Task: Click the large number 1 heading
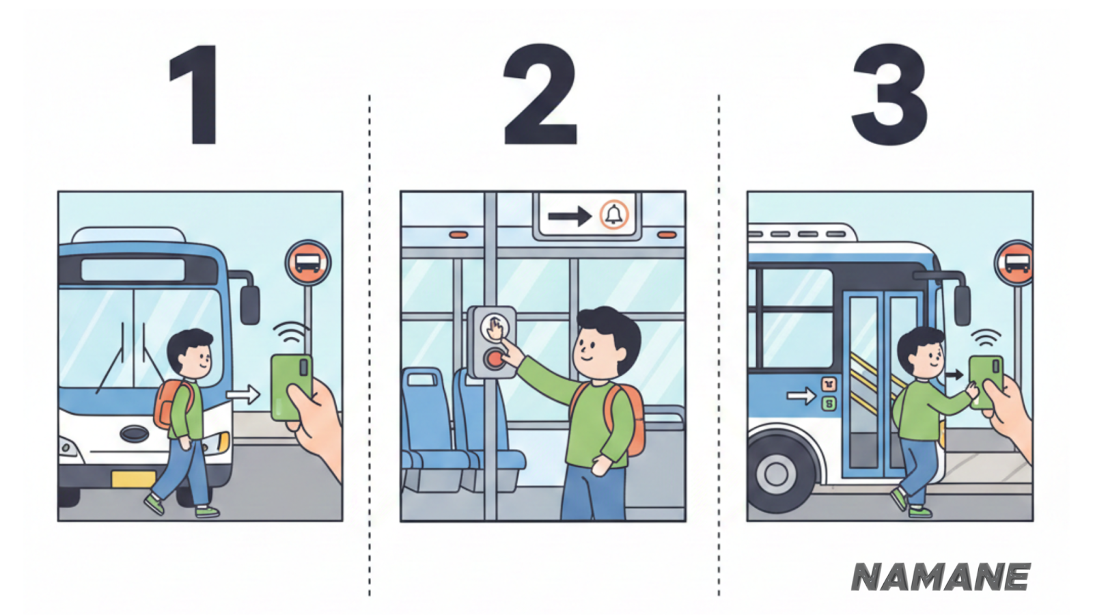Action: [x=195, y=94]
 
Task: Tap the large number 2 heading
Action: [x=540, y=94]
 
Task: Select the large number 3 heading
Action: [x=889, y=94]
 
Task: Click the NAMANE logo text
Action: [x=940, y=577]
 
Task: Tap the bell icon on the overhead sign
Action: [x=614, y=215]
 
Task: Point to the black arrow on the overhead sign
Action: [x=570, y=216]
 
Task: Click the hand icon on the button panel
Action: [x=495, y=327]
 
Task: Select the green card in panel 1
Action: [x=291, y=387]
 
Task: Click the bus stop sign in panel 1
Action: [x=308, y=262]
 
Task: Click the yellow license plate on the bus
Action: [x=133, y=479]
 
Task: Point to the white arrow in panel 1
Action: [x=243, y=394]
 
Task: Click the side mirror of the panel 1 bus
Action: [x=250, y=305]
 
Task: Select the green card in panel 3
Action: [x=985, y=382]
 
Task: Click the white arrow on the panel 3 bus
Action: [x=801, y=395]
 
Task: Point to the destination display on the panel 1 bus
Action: [x=133, y=270]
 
